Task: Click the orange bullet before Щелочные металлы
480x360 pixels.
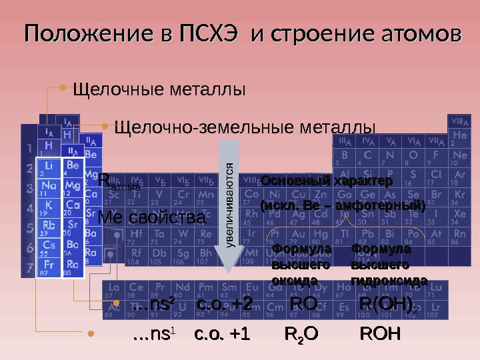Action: pos(63,87)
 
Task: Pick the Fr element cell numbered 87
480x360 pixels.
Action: pos(49,268)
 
